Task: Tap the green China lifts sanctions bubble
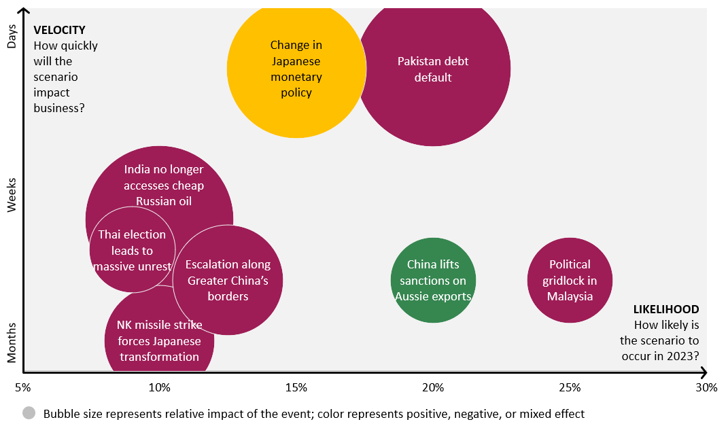click(433, 280)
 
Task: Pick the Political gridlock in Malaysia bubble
click(570, 280)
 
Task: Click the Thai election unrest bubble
click(132, 250)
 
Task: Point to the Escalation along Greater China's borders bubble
click(228, 280)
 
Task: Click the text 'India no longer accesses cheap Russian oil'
click(164, 185)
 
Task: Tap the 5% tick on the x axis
click(23, 388)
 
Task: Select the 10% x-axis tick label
click(159, 388)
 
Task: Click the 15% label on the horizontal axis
click(296, 388)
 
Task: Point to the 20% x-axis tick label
click(433, 388)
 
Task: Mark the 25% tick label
click(570, 388)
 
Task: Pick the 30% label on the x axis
click(706, 388)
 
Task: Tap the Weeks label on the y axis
click(11, 196)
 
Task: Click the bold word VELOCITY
click(60, 30)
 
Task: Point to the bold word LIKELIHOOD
click(665, 309)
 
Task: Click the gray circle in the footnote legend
click(29, 413)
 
